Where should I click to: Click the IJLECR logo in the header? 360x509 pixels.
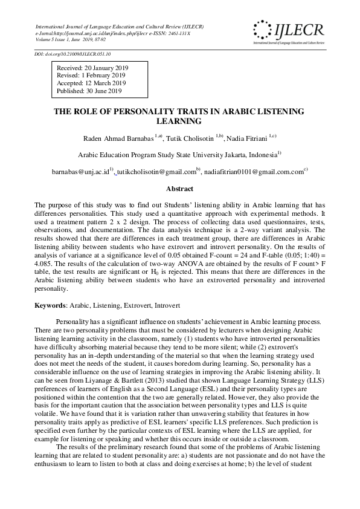289,31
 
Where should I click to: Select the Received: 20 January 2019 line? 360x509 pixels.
92,68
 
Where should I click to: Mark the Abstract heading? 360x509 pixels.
179,189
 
